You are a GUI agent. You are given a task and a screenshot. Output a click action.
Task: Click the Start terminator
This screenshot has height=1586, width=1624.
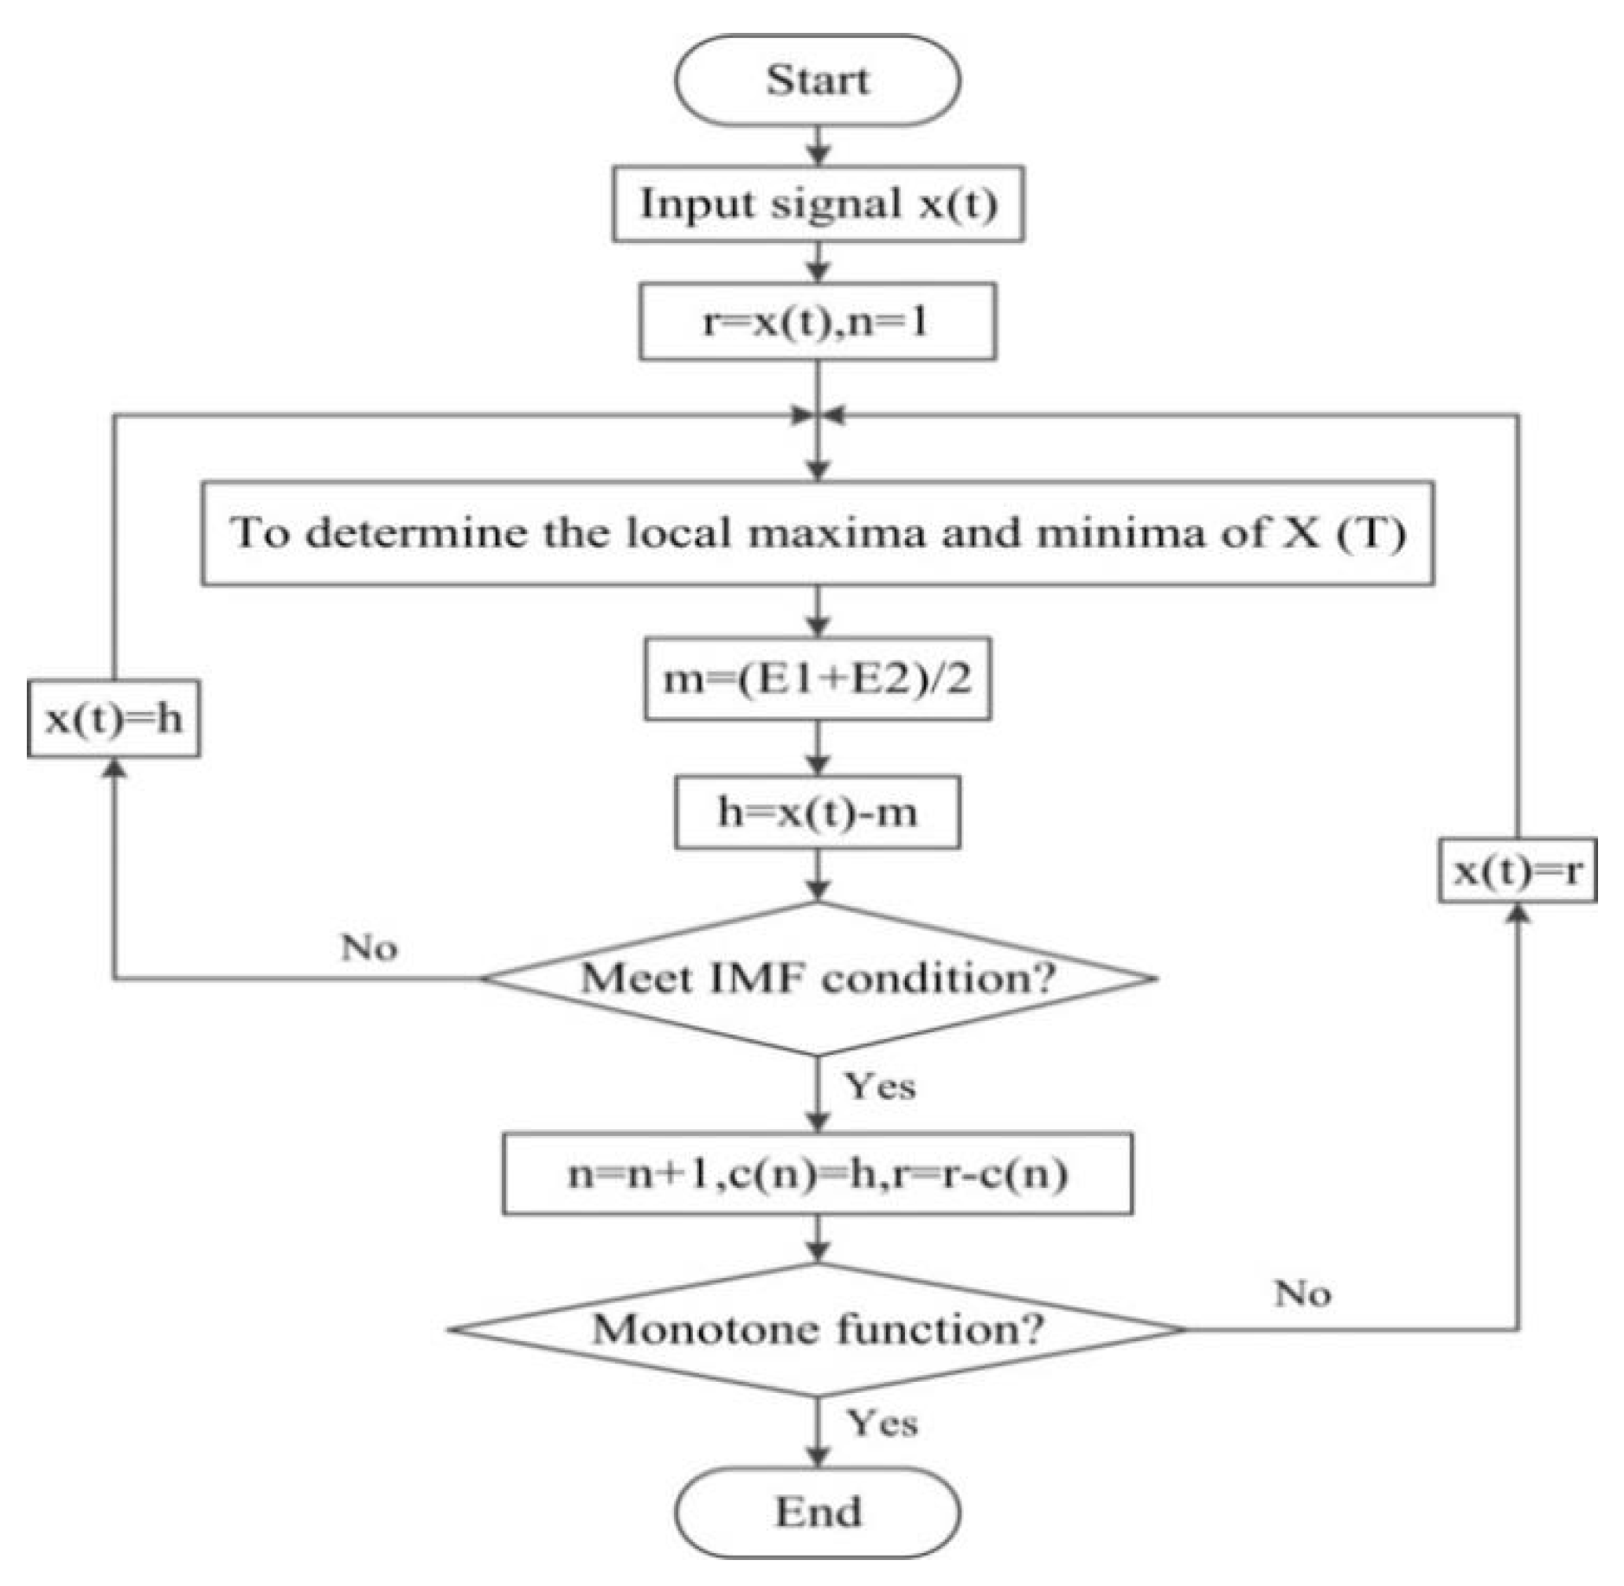click(817, 80)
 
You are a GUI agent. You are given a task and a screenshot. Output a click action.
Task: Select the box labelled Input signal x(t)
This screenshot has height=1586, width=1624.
click(818, 204)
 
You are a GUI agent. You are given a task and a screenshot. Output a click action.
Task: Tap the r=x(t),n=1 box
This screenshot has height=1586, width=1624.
click(817, 322)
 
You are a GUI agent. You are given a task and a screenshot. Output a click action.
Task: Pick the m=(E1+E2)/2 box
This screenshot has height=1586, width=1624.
click(817, 679)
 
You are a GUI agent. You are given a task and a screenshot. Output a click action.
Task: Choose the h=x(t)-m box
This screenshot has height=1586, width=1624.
click(817, 812)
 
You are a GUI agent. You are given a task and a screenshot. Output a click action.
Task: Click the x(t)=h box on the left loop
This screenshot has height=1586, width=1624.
click(113, 719)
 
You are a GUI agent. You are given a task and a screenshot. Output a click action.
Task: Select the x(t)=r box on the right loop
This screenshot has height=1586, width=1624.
click(1517, 870)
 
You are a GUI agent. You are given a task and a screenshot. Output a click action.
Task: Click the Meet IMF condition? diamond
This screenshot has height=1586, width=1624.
click(817, 979)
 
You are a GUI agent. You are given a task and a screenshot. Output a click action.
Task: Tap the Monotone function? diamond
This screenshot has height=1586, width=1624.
click(817, 1329)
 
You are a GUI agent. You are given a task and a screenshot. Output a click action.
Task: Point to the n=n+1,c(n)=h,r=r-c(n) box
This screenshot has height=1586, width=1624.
click(817, 1174)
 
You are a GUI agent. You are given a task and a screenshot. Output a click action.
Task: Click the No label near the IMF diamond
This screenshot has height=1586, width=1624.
click(369, 947)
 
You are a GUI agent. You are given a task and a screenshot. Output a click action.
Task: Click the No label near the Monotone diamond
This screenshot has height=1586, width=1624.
click(1302, 1294)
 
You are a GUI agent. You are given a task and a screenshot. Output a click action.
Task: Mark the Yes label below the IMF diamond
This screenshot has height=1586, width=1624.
click(880, 1085)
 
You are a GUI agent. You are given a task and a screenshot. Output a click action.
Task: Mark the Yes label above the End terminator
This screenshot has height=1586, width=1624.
click(882, 1422)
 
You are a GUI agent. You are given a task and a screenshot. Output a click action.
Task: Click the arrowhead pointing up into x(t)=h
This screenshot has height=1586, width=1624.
click(113, 767)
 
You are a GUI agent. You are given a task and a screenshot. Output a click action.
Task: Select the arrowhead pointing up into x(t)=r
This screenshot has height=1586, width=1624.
click(1518, 913)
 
